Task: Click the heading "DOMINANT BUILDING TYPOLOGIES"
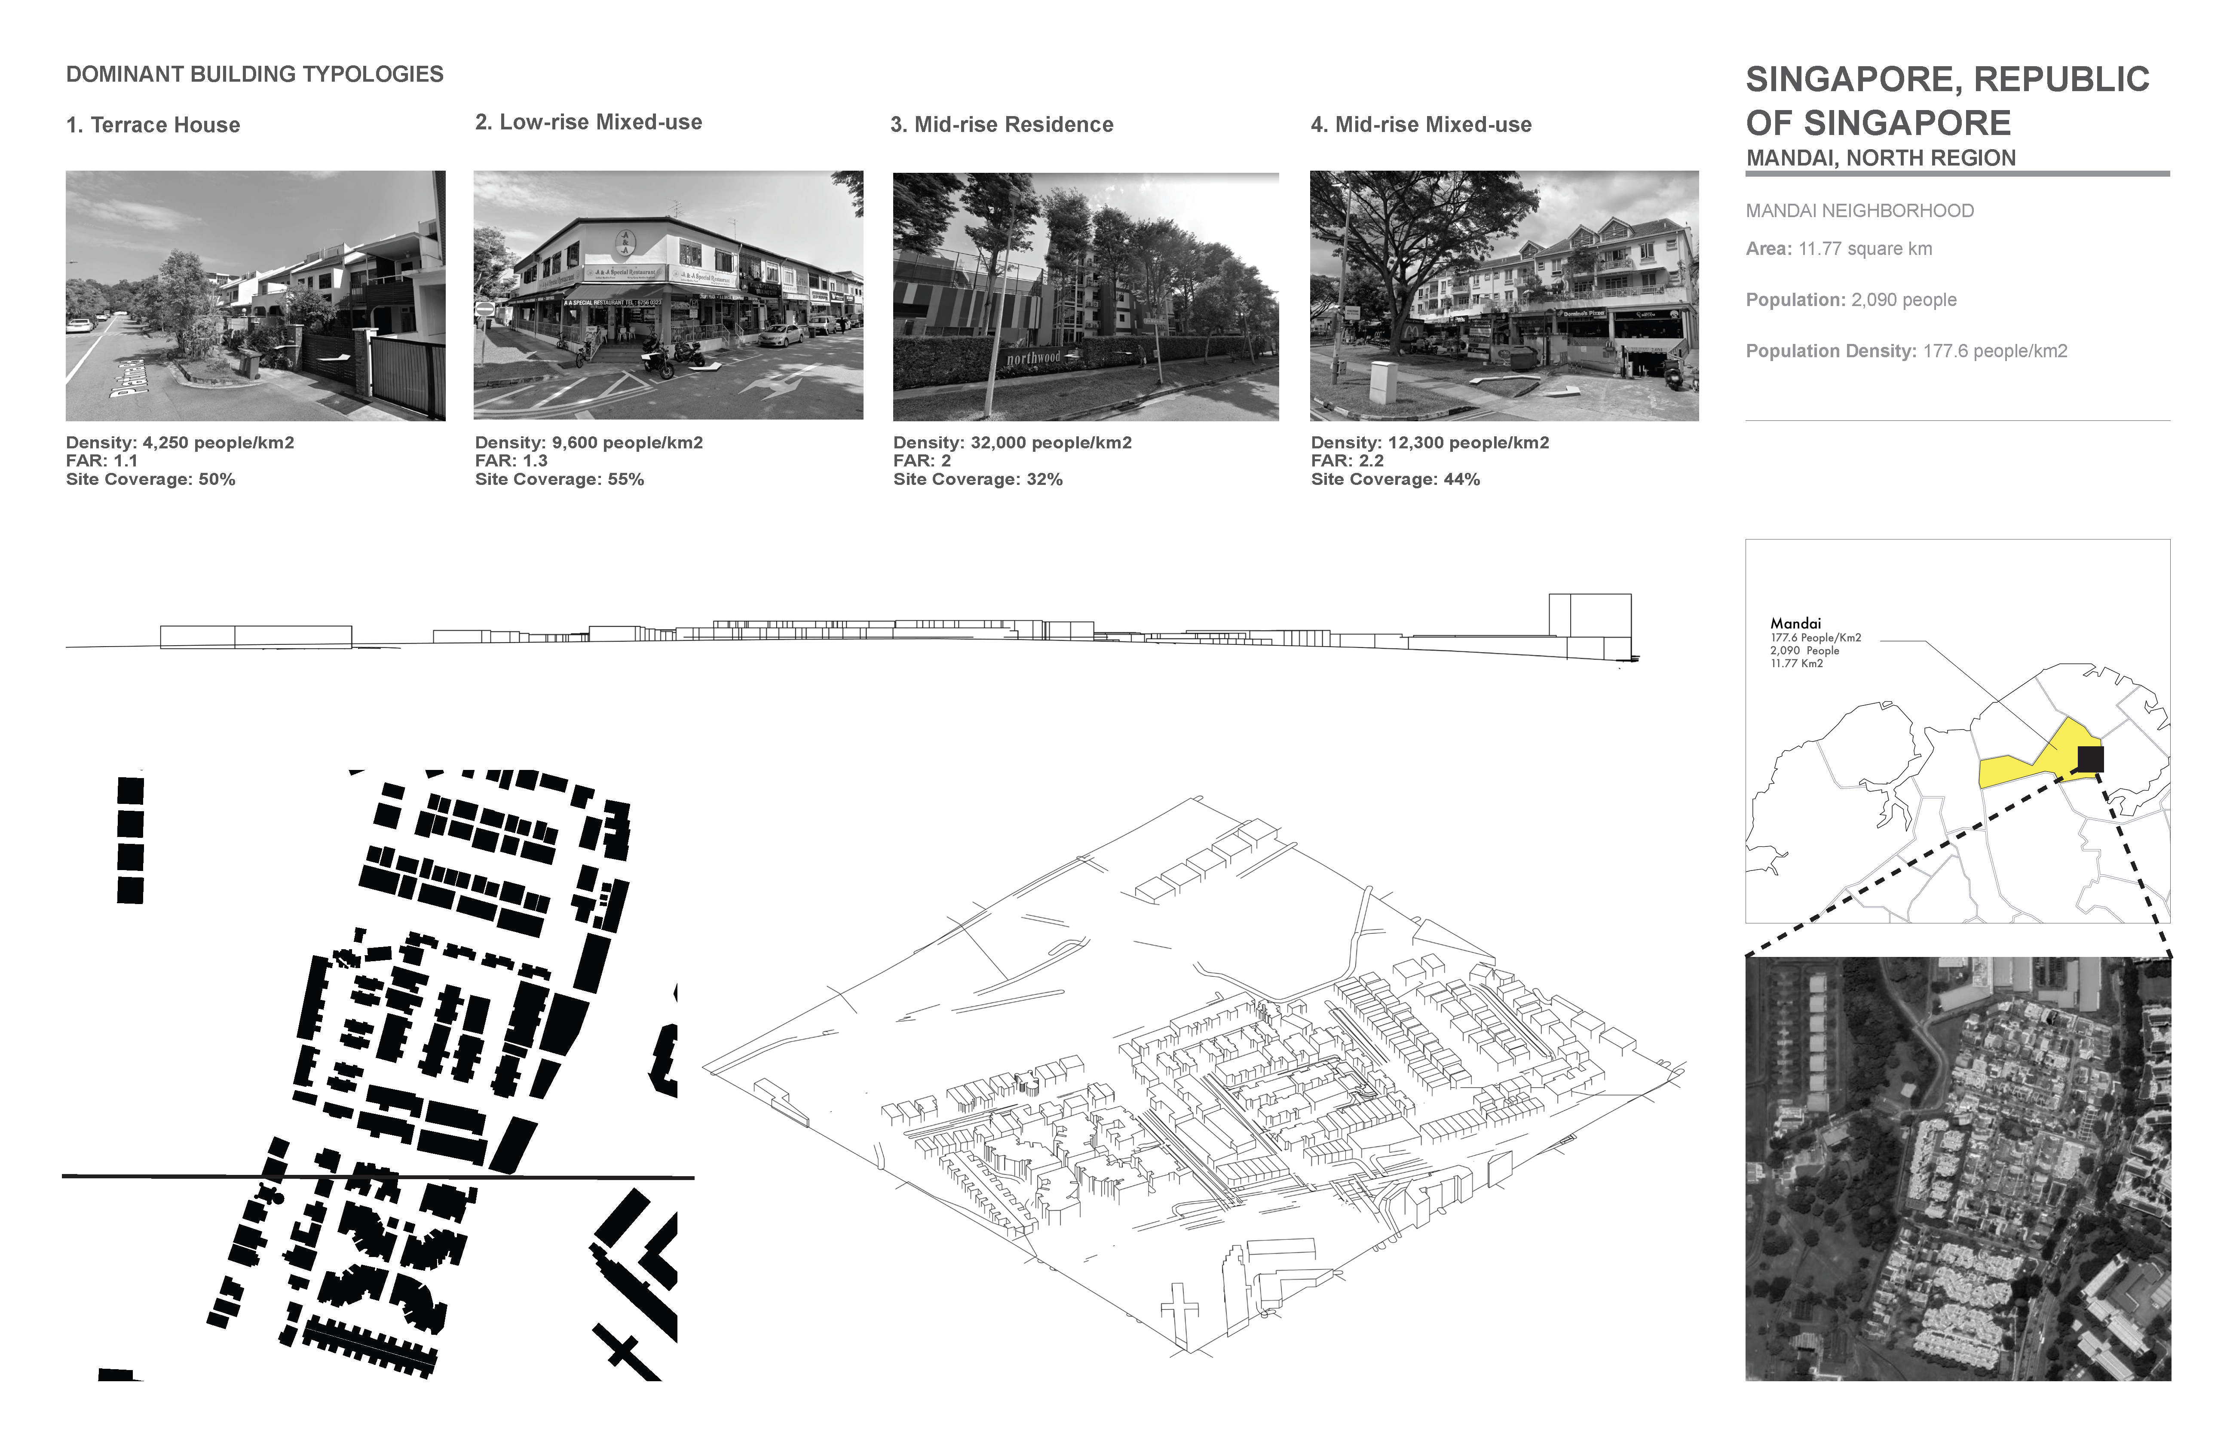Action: pyautogui.click(x=254, y=74)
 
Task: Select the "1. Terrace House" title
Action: pyautogui.click(x=153, y=125)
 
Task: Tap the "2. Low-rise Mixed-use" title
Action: pyautogui.click(x=588, y=122)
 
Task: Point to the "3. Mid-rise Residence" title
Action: pyautogui.click(x=1002, y=125)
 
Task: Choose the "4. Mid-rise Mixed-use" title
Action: pyautogui.click(x=1421, y=125)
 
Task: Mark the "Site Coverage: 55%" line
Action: pyautogui.click(x=560, y=479)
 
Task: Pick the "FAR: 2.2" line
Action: pyautogui.click(x=1347, y=460)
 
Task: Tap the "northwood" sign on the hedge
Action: pyautogui.click(x=1033, y=358)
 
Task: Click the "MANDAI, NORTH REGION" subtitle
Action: pyautogui.click(x=1881, y=158)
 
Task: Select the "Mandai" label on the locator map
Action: pyautogui.click(x=1795, y=623)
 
